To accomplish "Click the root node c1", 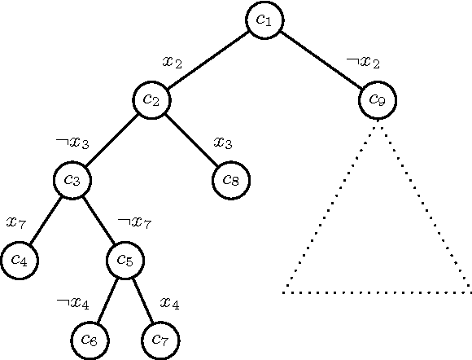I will pyautogui.click(x=264, y=20).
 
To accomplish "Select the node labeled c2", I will pyautogui.click(x=152, y=99).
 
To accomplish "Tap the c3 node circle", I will pyautogui.click(x=73, y=179).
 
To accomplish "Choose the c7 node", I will pyautogui.click(x=161, y=339).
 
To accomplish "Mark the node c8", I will pyautogui.click(x=231, y=179).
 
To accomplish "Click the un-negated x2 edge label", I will pyautogui.click(x=173, y=62).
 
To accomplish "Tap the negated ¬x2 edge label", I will pyautogui.click(x=362, y=62).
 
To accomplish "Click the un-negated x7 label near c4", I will pyautogui.click(x=17, y=222).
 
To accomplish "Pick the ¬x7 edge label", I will pyautogui.click(x=134, y=222).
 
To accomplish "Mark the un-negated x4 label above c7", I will pyautogui.click(x=170, y=303).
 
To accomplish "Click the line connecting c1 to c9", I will pyautogui.click(x=321, y=60).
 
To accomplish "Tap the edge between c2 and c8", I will pyautogui.click(x=192, y=139).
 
